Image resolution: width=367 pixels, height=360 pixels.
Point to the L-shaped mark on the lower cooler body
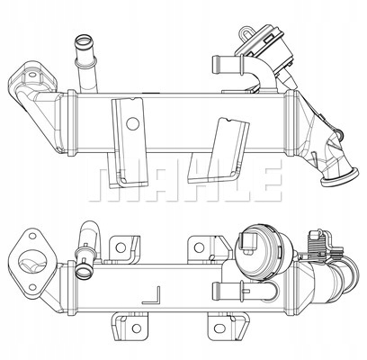[x=156, y=293]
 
